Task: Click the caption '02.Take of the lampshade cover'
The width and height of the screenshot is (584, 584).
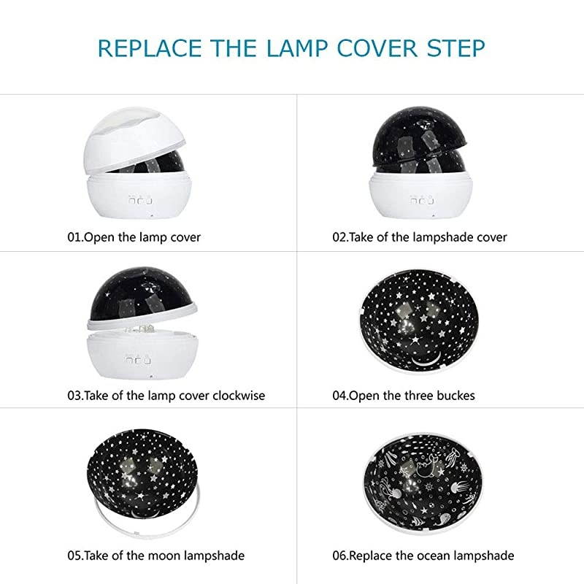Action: pyautogui.click(x=420, y=237)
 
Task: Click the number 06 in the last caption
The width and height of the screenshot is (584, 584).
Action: pyautogui.click(x=341, y=556)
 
